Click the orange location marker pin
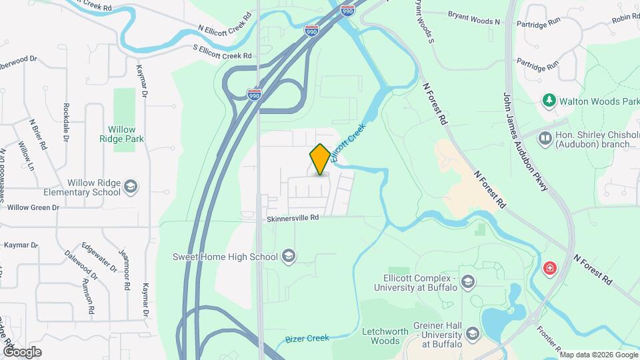tap(320, 159)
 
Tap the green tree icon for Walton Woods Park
tap(549, 101)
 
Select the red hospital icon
tap(551, 269)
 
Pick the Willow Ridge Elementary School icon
tap(131, 187)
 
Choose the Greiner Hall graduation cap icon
tap(473, 333)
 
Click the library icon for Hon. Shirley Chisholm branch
tap(545, 138)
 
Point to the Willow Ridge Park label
tap(122, 134)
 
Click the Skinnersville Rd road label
tap(293, 217)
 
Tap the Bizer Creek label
tap(307, 339)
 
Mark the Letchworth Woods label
tap(380, 336)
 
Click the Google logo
tap(21, 351)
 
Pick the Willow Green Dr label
tap(33, 207)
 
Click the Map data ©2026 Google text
tap(598, 355)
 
